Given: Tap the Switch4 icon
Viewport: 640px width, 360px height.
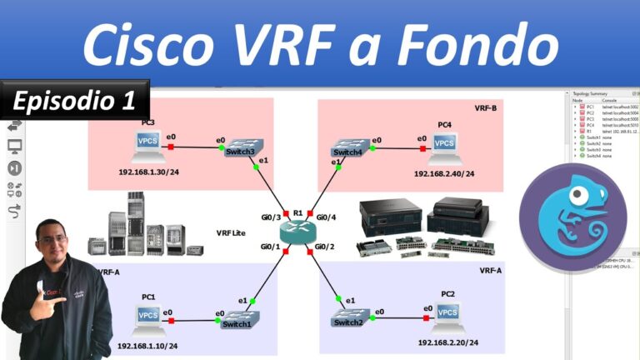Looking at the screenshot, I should (347, 147).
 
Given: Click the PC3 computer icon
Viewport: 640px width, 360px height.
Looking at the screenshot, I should (148, 147).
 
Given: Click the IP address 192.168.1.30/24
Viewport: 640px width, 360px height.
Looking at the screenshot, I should (149, 172).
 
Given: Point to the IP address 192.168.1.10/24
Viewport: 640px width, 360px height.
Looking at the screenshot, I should (147, 345).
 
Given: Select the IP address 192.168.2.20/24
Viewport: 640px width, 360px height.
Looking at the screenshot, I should (447, 342).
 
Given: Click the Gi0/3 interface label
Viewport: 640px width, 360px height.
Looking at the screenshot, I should (272, 217).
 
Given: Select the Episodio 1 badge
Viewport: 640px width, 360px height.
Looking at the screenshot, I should (74, 101).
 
